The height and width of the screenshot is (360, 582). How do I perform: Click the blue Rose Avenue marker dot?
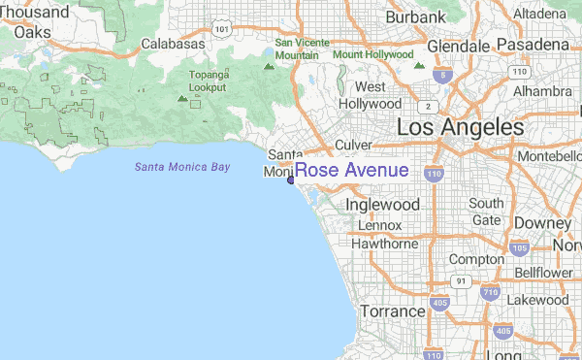[x=291, y=180]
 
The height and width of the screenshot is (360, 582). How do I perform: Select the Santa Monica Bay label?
[x=182, y=167]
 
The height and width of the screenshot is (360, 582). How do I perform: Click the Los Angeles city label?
[x=460, y=127]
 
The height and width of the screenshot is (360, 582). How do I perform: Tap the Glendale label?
[x=457, y=46]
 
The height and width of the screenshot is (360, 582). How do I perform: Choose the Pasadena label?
[x=533, y=45]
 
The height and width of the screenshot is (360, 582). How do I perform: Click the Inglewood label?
[x=383, y=205]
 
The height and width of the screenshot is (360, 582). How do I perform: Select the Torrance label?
[x=393, y=311]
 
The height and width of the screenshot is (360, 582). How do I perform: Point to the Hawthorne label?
[x=382, y=244]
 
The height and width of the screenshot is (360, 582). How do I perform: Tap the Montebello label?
[x=549, y=156]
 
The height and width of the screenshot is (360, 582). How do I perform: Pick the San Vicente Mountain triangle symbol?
[x=269, y=67]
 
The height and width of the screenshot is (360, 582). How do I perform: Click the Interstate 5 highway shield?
[x=443, y=75]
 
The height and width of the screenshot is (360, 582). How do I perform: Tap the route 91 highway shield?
[x=462, y=281]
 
